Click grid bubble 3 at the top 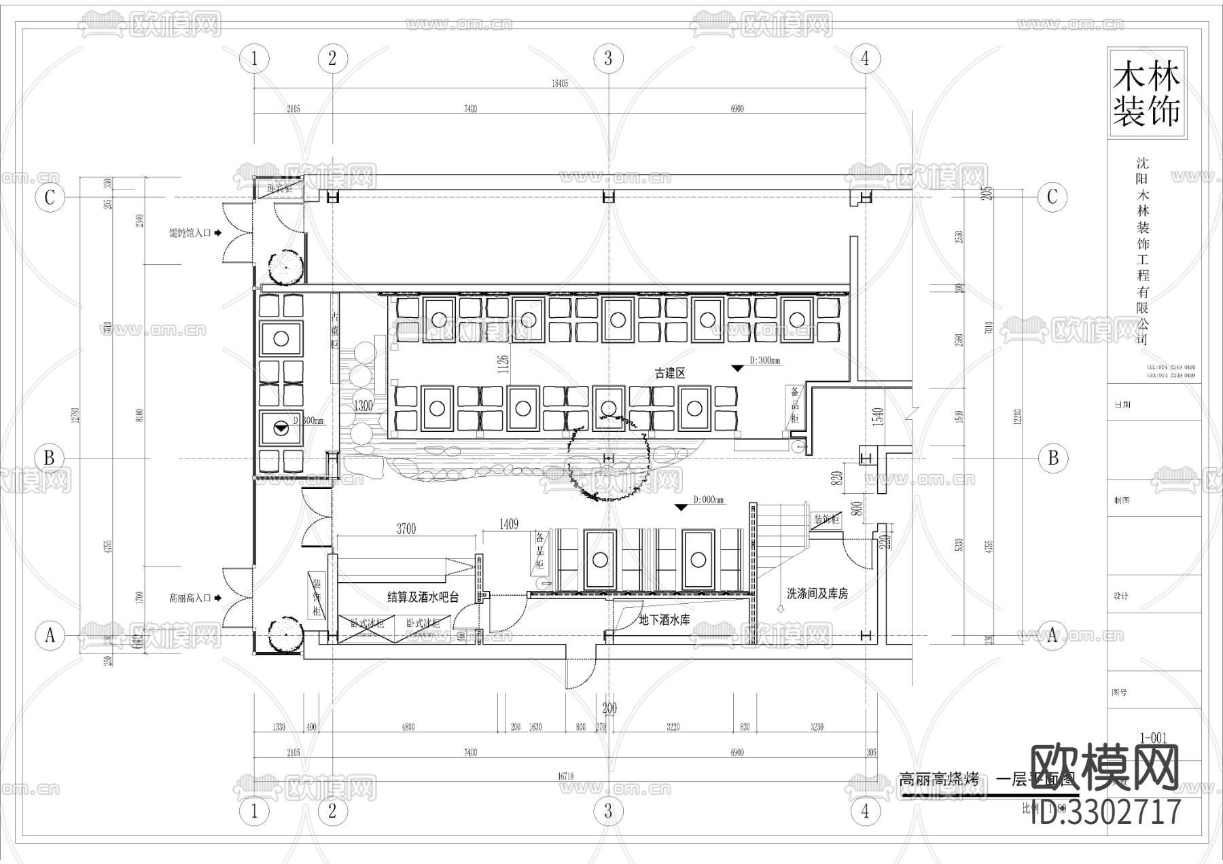click(608, 59)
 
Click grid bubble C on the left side click(50, 198)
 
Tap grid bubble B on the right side click(1052, 458)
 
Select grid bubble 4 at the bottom click(865, 811)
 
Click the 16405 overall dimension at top click(559, 84)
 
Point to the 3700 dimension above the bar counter click(406, 529)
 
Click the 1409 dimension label click(508, 524)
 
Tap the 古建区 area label click(670, 373)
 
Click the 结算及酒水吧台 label click(423, 597)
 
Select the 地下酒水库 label click(664, 619)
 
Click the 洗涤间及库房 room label click(817, 594)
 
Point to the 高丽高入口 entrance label click(191, 598)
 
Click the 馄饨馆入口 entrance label click(191, 233)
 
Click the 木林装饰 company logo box click(1146, 94)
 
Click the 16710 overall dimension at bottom click(565, 776)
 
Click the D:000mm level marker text click(708, 500)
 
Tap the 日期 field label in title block click(1122, 404)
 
